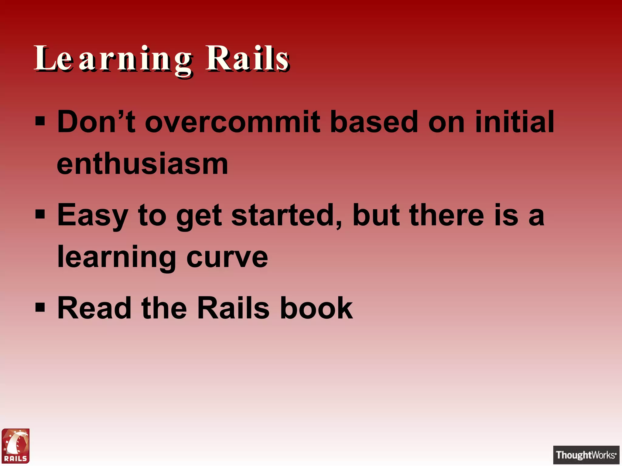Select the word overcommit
click(232, 122)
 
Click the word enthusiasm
click(142, 164)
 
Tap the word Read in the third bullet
click(94, 308)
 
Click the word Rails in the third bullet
click(233, 308)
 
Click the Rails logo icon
click(15, 446)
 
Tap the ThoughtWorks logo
click(586, 455)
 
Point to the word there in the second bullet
click(446, 215)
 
